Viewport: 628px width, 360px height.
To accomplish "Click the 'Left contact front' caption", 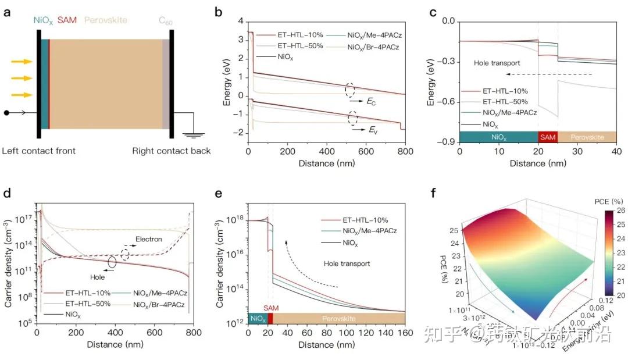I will coord(38,151).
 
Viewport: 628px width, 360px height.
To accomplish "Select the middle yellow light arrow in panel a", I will coord(22,77).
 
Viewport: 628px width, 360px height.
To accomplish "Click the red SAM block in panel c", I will coord(547,137).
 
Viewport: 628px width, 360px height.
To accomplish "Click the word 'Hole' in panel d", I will coord(97,277).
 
